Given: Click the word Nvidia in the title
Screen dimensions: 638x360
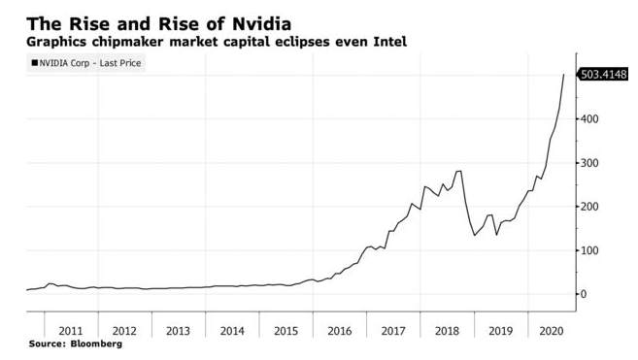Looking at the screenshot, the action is coord(261,24).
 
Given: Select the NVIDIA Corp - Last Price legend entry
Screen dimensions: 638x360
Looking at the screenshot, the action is coord(85,63).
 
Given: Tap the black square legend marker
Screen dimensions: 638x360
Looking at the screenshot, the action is coord(35,63).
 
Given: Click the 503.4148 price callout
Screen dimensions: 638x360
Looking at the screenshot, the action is coord(603,75).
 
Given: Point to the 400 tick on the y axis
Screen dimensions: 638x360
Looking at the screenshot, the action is coord(589,118).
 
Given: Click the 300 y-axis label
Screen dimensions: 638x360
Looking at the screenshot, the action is coord(589,163).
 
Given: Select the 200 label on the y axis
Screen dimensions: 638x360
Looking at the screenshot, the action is coord(589,207).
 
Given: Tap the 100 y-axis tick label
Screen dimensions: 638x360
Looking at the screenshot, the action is coord(589,250).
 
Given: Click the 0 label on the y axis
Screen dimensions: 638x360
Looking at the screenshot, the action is coord(584,294).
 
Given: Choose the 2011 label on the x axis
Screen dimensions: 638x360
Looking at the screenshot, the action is coord(71,331).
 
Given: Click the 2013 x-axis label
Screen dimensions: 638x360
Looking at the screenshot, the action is coord(179,331).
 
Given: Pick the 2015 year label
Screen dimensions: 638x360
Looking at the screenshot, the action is coord(286,331).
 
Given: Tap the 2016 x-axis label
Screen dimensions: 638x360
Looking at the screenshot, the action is coord(340,331).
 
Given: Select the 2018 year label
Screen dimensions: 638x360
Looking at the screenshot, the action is coord(447,331).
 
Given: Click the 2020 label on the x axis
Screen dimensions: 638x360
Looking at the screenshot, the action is coord(552,331).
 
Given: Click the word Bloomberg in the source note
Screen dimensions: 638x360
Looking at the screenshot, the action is coord(96,344).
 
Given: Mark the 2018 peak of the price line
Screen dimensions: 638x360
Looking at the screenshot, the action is coord(458,171).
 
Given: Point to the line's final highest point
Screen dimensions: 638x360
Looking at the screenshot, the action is coord(563,75).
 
